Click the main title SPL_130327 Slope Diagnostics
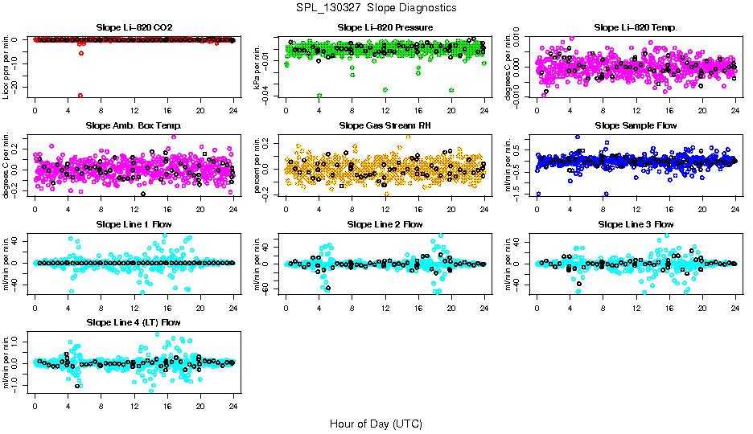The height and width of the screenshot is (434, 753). (376, 7)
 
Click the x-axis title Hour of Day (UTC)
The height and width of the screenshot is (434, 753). (376, 423)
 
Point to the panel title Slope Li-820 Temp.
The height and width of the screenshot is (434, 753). (636, 27)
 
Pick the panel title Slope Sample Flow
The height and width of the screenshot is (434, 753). (636, 125)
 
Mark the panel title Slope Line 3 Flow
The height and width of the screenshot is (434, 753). (636, 224)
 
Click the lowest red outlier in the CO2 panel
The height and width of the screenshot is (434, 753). (80, 96)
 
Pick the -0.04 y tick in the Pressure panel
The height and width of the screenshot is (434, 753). (271, 96)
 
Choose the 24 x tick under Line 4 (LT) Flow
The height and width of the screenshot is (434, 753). (233, 407)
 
